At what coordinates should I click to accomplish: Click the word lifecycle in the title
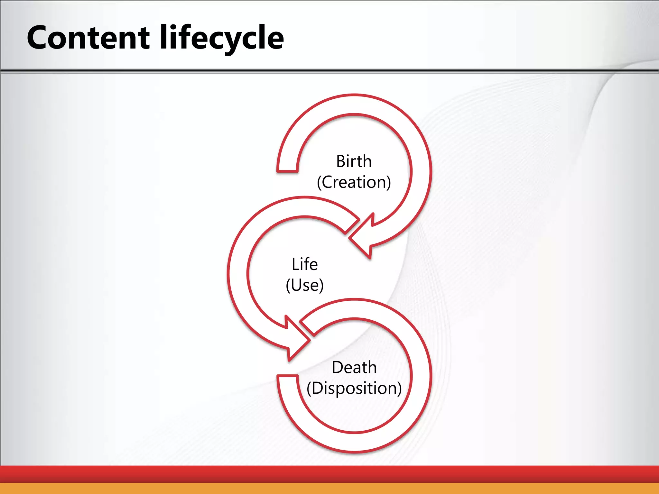(222, 38)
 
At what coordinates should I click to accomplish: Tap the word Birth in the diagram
(354, 161)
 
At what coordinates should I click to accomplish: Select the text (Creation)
(354, 182)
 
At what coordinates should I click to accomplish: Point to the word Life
(304, 264)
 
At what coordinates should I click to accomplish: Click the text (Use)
(304, 285)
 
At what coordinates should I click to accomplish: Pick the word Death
(354, 367)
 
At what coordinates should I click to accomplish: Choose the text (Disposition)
(354, 388)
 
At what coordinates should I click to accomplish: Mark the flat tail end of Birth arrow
(287, 170)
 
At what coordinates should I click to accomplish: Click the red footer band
(329, 474)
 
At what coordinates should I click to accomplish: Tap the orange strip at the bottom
(329, 489)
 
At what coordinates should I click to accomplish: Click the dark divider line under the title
(329, 70)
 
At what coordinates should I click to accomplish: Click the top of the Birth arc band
(354, 104)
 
